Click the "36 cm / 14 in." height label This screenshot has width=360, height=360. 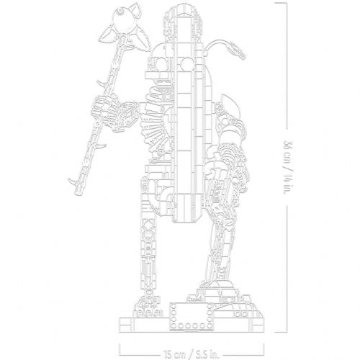point(287,168)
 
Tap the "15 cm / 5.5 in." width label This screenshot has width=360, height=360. point(192,354)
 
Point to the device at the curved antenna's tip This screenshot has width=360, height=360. point(237,50)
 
